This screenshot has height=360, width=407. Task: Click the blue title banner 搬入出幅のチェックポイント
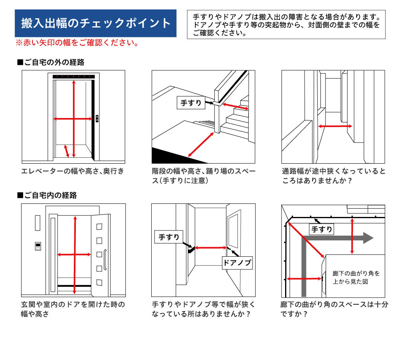tap(96, 23)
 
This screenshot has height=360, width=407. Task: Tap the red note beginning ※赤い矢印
tap(77, 43)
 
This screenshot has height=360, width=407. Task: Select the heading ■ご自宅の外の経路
tap(51, 62)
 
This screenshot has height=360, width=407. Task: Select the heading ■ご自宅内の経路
tap(47, 195)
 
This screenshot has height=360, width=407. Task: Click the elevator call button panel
tap(97, 119)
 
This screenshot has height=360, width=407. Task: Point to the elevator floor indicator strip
tap(74, 77)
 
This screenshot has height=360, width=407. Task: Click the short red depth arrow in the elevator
tap(66, 151)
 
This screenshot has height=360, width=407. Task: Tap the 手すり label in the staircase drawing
tap(191, 103)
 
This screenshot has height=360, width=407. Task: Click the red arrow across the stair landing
tap(201, 144)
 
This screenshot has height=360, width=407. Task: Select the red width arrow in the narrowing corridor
tap(335, 126)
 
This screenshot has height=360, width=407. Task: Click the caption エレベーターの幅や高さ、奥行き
tap(73, 171)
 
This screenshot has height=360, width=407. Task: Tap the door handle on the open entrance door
tap(105, 260)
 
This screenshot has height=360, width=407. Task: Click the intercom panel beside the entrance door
tap(38, 246)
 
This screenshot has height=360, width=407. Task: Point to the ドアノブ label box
tap(237, 263)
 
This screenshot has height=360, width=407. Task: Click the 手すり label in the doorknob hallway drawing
tap(169, 237)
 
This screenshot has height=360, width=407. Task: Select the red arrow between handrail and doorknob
tap(210, 248)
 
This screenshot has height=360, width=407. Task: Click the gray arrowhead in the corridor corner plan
tap(368, 238)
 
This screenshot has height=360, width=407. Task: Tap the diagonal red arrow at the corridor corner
tap(306, 240)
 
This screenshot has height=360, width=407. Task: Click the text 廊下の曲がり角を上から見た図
tap(356, 277)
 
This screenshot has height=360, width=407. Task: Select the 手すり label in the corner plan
tap(322, 229)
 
